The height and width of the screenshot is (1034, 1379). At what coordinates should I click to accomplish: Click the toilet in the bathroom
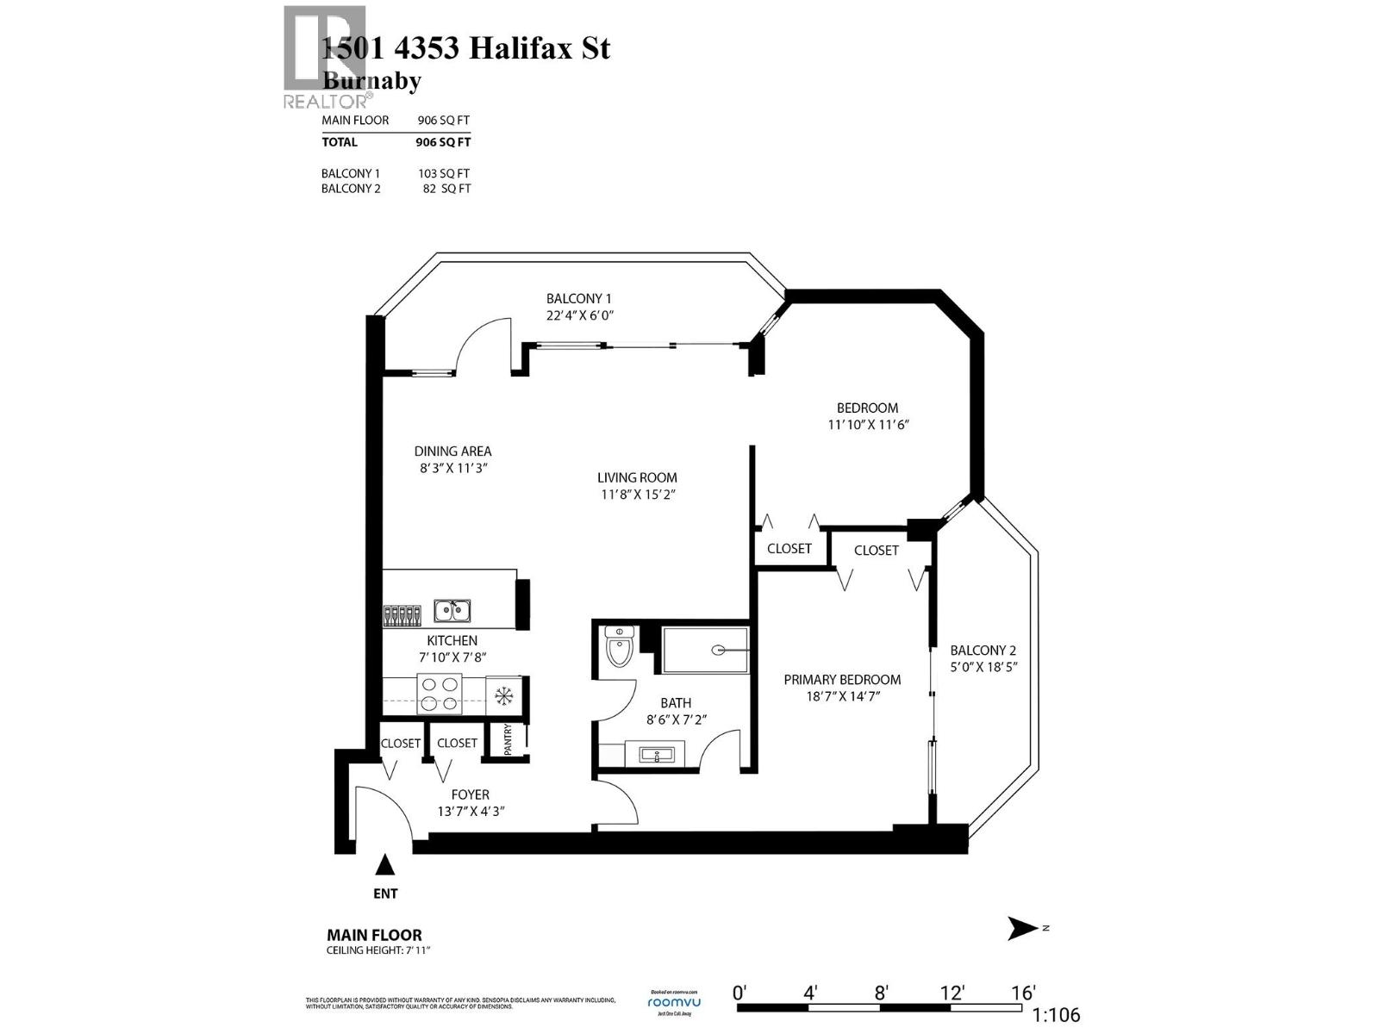point(619,648)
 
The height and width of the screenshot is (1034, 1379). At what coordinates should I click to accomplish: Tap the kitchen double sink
point(452,611)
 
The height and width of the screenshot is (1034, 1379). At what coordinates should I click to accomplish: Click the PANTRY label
point(509,739)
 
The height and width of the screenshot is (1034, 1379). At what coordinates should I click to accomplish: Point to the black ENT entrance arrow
point(385,864)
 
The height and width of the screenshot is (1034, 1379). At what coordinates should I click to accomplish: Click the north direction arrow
point(1022,928)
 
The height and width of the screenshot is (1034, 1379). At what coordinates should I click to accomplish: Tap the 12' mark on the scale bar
point(952,993)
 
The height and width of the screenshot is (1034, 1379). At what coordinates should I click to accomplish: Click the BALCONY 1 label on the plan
point(578,299)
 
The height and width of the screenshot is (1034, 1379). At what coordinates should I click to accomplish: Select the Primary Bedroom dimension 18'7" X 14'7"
point(842,696)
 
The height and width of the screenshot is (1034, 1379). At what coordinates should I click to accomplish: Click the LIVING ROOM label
point(637,477)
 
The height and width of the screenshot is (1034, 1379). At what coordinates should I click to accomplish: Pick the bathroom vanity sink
point(658,756)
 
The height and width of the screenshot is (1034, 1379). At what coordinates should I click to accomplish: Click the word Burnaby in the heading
point(371,81)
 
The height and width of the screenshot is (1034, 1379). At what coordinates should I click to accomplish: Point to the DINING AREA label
point(452,452)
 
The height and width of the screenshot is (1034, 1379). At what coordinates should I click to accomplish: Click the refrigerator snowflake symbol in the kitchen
point(502,695)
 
